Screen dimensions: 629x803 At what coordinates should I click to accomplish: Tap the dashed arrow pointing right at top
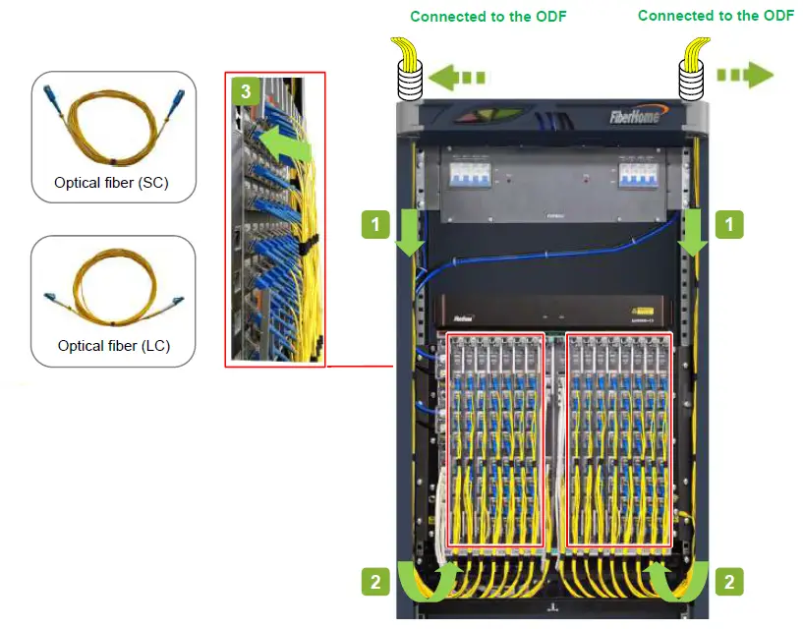745,76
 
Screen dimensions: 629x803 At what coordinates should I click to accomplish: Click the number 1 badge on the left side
373,225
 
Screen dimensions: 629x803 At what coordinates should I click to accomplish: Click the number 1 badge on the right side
727,225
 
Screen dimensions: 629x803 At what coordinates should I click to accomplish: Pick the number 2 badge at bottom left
373,581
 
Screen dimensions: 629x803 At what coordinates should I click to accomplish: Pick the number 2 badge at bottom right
727,581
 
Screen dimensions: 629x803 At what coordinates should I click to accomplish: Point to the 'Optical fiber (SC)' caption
113,183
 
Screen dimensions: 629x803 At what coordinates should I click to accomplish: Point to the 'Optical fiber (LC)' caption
113,346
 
